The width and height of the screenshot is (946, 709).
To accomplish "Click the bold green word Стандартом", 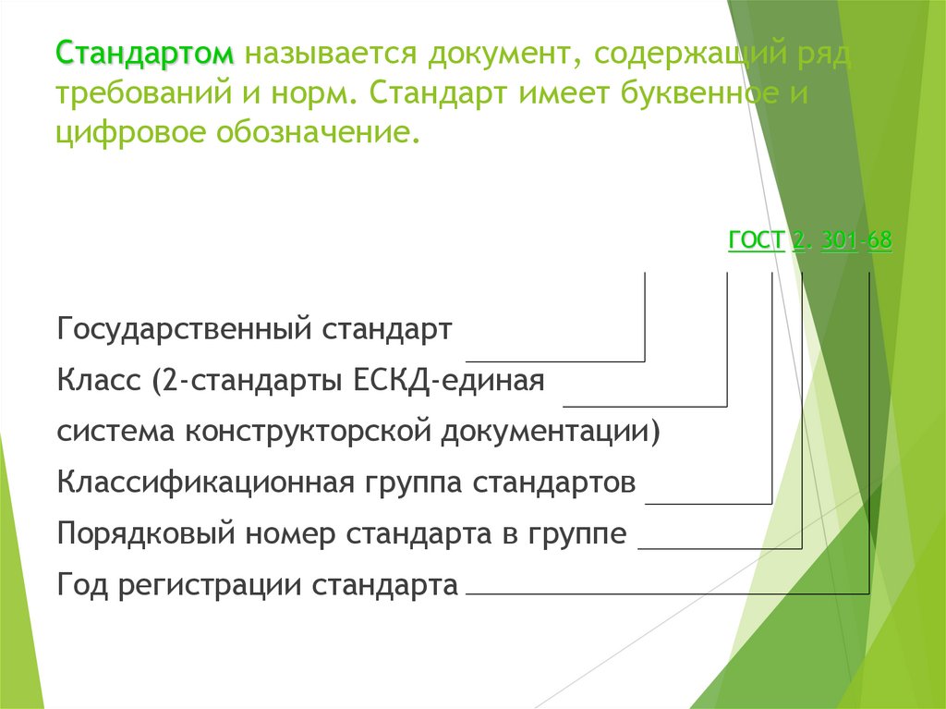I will pos(146,54).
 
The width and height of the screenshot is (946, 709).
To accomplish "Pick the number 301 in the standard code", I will pos(837,241).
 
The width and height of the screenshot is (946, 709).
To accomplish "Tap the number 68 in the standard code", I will pos(879,241).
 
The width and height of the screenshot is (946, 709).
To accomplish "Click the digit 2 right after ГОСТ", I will pos(797,241).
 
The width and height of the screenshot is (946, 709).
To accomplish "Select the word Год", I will pos(80,584).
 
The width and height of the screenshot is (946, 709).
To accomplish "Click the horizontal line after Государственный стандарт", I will pos(554,360).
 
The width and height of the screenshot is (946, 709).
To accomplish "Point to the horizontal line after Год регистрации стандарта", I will pos(665,593).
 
